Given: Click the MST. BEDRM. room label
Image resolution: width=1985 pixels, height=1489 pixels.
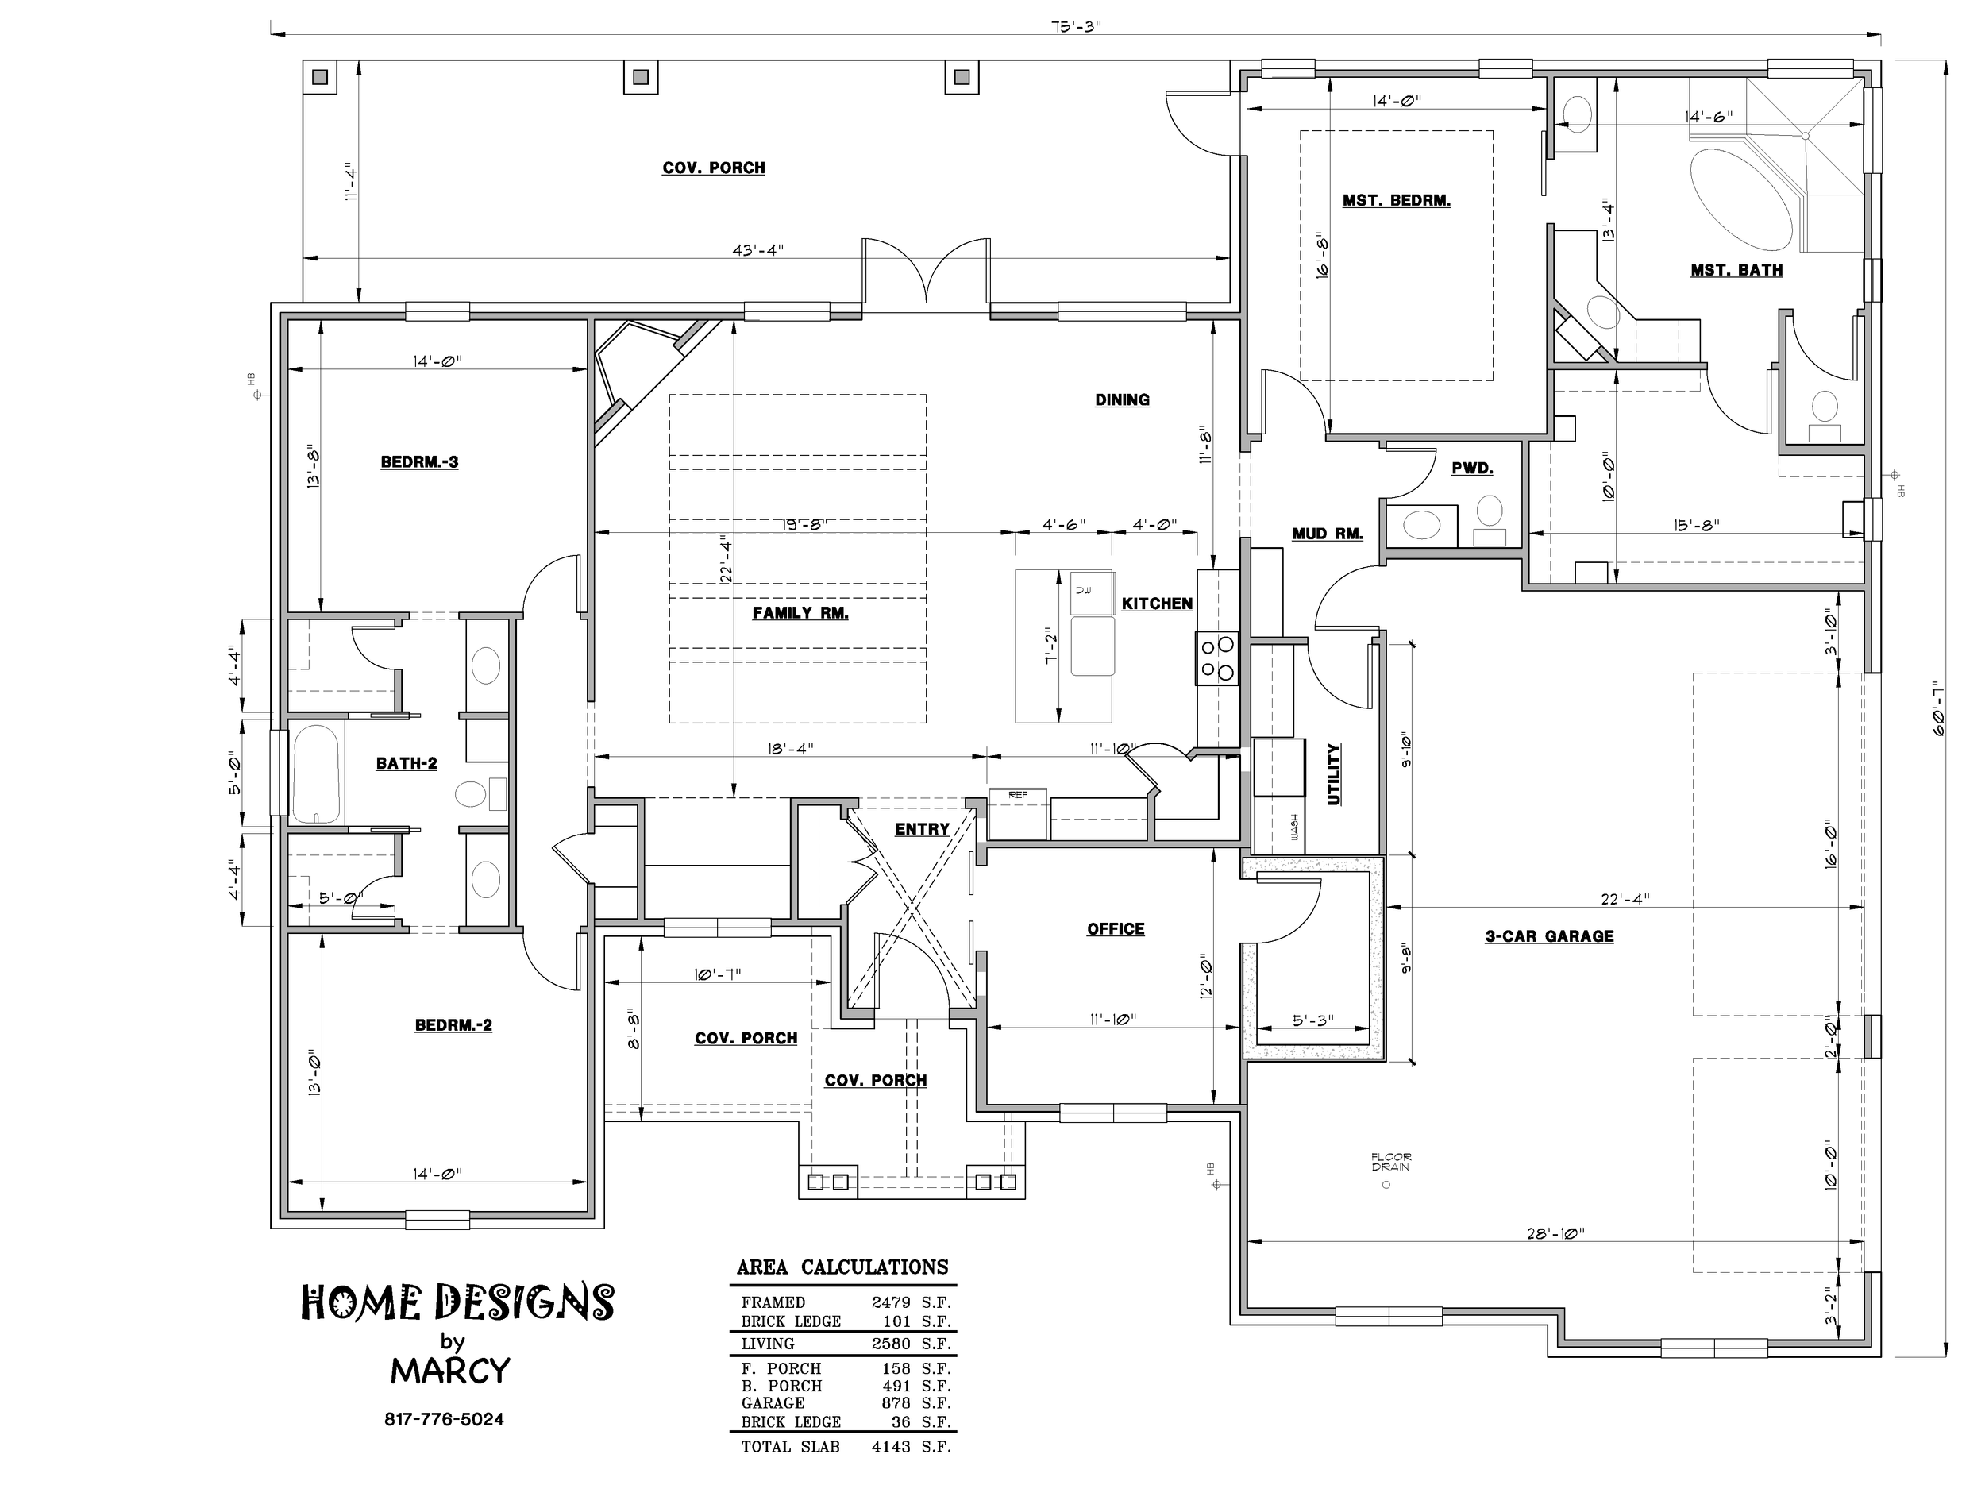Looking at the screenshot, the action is click(1397, 200).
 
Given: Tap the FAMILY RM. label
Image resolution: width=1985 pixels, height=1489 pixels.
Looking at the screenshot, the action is click(800, 613).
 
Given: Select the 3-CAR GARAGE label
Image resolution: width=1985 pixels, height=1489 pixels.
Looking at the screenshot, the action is click(1549, 936).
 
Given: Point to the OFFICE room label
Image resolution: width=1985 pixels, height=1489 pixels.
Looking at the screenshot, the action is click(1116, 929).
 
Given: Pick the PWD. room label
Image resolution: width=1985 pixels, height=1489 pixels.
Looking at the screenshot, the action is click(1472, 469).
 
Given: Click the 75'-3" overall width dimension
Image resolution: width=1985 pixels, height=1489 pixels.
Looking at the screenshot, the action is click(1076, 26).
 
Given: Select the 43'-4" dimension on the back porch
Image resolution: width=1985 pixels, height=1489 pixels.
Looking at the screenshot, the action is click(758, 250).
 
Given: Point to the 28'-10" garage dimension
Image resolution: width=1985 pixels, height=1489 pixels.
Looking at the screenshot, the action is click(1555, 1233).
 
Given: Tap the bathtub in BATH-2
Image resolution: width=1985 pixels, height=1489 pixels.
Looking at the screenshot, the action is click(316, 773).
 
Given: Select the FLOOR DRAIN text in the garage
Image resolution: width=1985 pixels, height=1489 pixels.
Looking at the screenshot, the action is click(1390, 1163).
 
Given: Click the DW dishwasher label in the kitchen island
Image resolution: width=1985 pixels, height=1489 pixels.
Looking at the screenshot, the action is click(1082, 590).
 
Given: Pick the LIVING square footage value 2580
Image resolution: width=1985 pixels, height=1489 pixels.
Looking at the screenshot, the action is click(890, 1344).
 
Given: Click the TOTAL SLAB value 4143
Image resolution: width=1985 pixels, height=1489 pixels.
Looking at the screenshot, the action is click(890, 1447).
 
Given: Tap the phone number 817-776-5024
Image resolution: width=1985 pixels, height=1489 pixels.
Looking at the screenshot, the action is click(444, 1420).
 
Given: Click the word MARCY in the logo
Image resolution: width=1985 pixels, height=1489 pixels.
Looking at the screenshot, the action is click(450, 1371).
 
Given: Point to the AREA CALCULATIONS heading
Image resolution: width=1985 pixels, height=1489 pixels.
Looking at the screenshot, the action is click(842, 1267).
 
